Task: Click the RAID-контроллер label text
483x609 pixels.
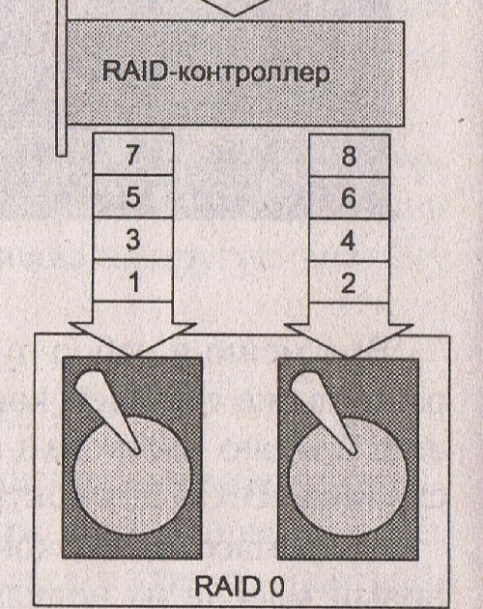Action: pyautogui.click(x=215, y=72)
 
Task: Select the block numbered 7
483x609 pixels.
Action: pyautogui.click(x=132, y=155)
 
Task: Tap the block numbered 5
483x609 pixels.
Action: pyautogui.click(x=132, y=196)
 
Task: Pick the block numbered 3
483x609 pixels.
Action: pyautogui.click(x=132, y=239)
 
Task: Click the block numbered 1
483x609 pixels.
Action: pyautogui.click(x=132, y=280)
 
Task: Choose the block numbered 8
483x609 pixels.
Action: pyautogui.click(x=349, y=156)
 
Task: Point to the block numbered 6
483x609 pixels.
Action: pyautogui.click(x=349, y=198)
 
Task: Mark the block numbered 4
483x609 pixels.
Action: pyautogui.click(x=349, y=241)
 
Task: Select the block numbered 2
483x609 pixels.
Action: pyautogui.click(x=349, y=282)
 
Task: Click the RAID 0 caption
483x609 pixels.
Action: pyautogui.click(x=240, y=587)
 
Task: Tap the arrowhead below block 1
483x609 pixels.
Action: pyautogui.click(x=132, y=338)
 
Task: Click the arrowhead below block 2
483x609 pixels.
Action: pyautogui.click(x=349, y=340)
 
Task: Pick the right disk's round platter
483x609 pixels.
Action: pyautogui.click(x=349, y=477)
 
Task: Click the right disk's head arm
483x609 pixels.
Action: pyautogui.click(x=324, y=413)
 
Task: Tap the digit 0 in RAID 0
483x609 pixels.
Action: pyautogui.click(x=276, y=587)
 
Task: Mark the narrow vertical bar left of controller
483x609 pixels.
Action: pyautogui.click(x=62, y=77)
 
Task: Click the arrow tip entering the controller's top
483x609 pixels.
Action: pyautogui.click(x=234, y=15)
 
